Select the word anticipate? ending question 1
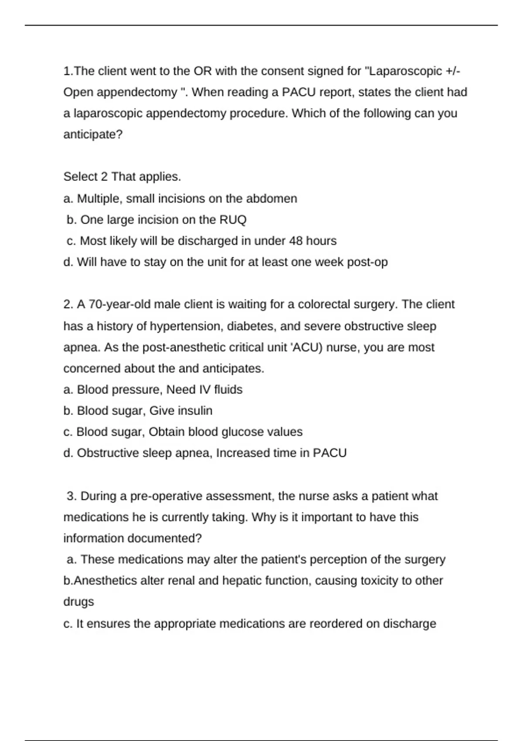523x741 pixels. (x=93, y=135)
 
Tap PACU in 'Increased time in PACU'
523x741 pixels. (x=330, y=453)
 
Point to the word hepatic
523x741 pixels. (x=242, y=581)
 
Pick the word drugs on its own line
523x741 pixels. (x=79, y=602)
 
